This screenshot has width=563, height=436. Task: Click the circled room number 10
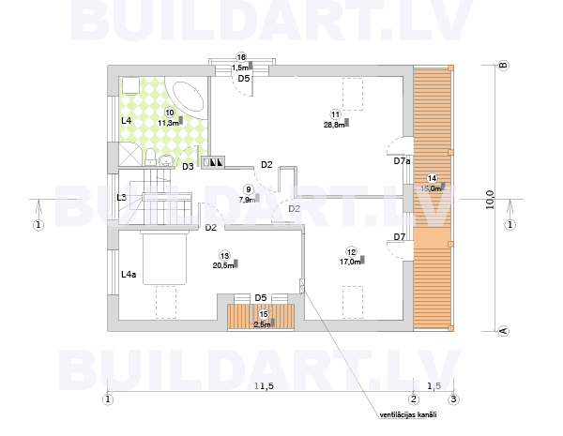pos(169,113)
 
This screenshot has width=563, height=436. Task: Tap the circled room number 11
pos(335,114)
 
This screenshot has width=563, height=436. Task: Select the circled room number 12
pos(351,252)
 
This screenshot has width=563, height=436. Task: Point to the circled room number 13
pos(224,255)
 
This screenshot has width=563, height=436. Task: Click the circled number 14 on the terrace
pos(432,178)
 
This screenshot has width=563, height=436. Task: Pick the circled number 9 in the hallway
pos(248,188)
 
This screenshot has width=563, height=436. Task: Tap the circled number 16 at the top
pos(241,58)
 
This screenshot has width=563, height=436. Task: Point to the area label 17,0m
pos(349,263)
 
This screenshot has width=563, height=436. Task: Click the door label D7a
pos(402,161)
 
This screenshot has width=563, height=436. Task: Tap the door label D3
pos(188,167)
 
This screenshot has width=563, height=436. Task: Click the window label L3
pos(122,198)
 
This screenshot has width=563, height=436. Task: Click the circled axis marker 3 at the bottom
pos(453,399)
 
